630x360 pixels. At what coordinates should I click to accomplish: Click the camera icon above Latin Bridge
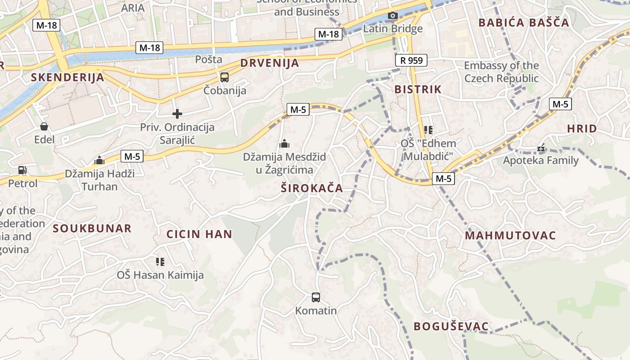pyautogui.click(x=393, y=16)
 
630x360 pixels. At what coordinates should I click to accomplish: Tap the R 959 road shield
pyautogui.click(x=411, y=60)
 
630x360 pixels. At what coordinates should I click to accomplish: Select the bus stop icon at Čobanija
pyautogui.click(x=225, y=77)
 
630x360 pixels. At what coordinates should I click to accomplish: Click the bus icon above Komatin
pyautogui.click(x=316, y=297)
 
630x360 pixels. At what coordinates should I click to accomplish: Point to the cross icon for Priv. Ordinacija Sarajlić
pyautogui.click(x=177, y=114)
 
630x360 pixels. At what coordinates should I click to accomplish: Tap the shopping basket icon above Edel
pyautogui.click(x=44, y=126)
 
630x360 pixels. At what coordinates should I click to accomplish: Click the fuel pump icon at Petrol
pyautogui.click(x=22, y=170)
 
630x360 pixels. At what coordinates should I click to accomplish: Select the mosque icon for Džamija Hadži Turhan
pyautogui.click(x=99, y=160)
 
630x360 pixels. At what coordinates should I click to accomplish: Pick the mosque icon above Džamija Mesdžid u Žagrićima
pyautogui.click(x=284, y=144)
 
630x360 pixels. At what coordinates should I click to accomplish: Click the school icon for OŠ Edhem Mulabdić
pyautogui.click(x=428, y=130)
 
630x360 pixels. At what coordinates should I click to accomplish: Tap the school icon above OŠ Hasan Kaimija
pyautogui.click(x=160, y=261)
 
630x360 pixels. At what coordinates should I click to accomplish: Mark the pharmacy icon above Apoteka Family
pyautogui.click(x=540, y=147)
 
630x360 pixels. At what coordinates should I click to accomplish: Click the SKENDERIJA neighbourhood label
pyautogui.click(x=67, y=77)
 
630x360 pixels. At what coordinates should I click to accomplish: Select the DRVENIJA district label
pyautogui.click(x=270, y=63)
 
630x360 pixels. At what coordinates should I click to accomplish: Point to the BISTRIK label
pyautogui.click(x=418, y=89)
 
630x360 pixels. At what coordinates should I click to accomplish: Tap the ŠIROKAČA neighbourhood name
pyautogui.click(x=312, y=189)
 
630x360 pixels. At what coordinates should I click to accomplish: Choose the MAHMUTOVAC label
pyautogui.click(x=510, y=236)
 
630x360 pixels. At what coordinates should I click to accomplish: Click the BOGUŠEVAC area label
pyautogui.click(x=451, y=327)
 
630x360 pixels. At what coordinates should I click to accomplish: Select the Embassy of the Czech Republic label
pyautogui.click(x=501, y=72)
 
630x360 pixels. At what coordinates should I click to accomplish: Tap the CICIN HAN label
pyautogui.click(x=199, y=234)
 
